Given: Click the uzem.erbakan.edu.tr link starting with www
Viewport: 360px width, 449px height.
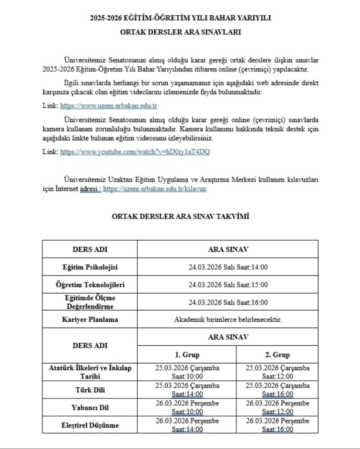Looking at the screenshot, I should (x=108, y=106).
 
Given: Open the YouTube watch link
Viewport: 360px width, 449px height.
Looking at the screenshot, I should (x=135, y=152).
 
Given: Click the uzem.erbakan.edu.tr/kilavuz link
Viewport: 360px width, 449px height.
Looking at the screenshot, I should (x=154, y=189).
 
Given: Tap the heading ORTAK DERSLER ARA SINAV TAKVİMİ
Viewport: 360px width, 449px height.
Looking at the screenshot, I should (x=180, y=216).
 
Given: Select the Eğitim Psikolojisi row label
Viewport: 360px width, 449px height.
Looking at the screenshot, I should (x=90, y=267).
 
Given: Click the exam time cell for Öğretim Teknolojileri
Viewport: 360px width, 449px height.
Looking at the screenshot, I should (x=228, y=285).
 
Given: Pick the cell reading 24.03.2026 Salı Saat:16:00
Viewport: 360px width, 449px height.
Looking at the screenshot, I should (x=228, y=302).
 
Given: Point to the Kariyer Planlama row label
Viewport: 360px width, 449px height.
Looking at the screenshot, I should (x=90, y=319).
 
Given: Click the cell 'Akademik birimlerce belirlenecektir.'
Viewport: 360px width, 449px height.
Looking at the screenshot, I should (x=228, y=319).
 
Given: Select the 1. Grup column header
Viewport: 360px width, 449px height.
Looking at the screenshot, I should (x=187, y=355).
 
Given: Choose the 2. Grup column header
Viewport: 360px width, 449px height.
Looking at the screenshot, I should (x=277, y=355).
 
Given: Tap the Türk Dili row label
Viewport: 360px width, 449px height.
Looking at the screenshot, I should (x=90, y=390).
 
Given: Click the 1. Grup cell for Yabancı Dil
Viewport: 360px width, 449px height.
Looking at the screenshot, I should (x=187, y=407).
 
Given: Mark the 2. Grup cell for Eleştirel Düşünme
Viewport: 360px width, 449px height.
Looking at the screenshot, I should (x=277, y=424).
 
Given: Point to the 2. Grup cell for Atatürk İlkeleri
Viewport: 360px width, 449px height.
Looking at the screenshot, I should (x=277, y=372).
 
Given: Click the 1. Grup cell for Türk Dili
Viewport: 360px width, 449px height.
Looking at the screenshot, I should (x=187, y=390).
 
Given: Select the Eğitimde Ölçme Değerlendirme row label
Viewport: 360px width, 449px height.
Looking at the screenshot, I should (x=90, y=302).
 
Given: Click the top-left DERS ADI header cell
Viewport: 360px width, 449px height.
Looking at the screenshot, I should (x=90, y=249).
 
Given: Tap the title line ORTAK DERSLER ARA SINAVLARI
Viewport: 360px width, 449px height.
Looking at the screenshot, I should (x=180, y=32).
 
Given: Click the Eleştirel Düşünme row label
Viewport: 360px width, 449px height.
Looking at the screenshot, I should (x=90, y=425).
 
